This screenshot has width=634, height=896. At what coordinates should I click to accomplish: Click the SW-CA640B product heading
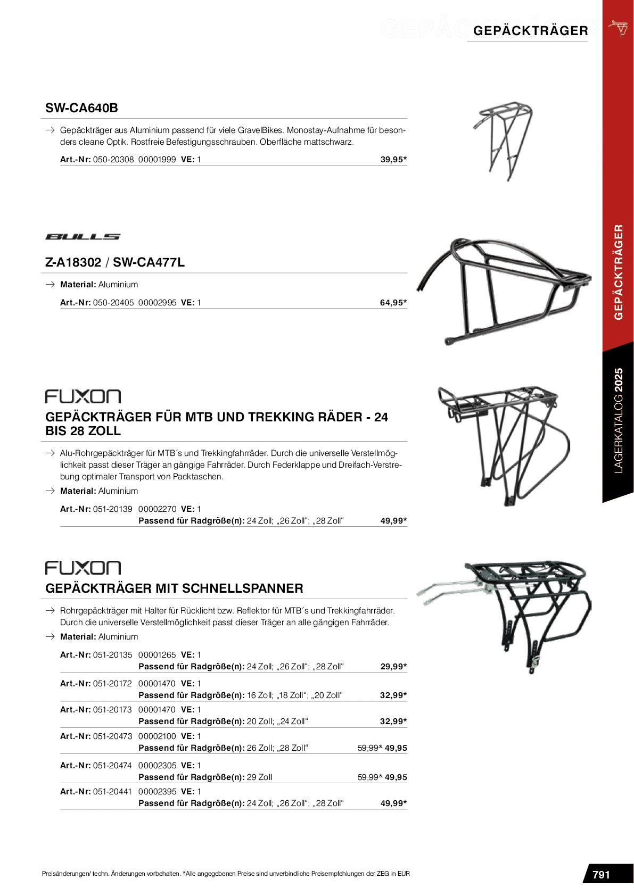coord(81,108)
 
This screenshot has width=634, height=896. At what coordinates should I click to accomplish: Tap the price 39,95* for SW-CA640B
coord(393,160)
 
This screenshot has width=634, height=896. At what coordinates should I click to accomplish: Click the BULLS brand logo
coord(83,237)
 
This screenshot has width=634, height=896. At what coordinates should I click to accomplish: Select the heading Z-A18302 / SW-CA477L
coord(115,262)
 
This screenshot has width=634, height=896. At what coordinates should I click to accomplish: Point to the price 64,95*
coord(393,303)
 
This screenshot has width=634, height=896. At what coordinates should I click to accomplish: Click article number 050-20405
coord(113,303)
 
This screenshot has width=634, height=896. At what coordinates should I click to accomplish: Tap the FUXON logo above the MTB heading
coord(83,396)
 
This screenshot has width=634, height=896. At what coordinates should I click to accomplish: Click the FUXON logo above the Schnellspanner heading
coord(83,568)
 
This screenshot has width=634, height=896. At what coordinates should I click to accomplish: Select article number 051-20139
coord(113,509)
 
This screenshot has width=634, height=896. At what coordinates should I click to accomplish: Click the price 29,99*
coord(393,667)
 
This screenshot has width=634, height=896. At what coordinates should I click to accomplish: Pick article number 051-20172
coord(113,684)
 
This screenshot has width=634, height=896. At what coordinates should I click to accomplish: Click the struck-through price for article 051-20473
coord(369,748)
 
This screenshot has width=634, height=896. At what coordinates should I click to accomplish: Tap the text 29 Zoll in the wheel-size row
coord(259,777)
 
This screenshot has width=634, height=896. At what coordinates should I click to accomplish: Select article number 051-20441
coord(113,792)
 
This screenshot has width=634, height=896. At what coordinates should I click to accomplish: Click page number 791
coord(601,875)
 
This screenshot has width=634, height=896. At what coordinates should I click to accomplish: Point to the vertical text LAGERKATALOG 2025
coord(618,420)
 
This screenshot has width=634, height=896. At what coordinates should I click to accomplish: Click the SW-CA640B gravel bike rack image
coord(503,141)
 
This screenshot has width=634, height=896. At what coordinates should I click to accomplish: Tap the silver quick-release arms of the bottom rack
coord(447,591)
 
